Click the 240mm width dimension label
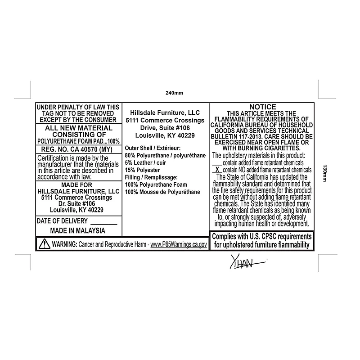174,93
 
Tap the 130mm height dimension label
324,173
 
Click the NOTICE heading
263,107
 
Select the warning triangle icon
44,243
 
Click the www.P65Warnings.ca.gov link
179,244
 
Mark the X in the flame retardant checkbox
217,170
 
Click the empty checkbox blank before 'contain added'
217,165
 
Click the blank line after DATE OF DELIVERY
104,224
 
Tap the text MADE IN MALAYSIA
77,230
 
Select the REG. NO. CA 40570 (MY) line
76,149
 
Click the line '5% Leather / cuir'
145,163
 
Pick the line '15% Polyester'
142,170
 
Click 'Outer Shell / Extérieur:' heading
153,148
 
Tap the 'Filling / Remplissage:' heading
151,177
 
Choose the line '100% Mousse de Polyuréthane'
162,192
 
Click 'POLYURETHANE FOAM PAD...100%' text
78,141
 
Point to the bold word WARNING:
65,244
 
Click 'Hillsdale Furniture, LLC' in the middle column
165,113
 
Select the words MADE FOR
76,185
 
